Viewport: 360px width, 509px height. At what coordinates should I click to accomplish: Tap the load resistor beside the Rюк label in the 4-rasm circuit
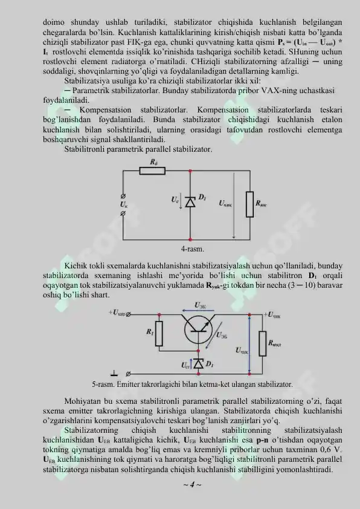tap(249, 204)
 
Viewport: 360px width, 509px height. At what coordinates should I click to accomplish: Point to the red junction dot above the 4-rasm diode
tap(190, 171)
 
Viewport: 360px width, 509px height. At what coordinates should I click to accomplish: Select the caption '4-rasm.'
tap(192, 248)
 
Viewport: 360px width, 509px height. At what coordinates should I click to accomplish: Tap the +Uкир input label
tap(118, 314)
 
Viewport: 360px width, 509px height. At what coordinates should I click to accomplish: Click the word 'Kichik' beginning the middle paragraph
tap(76, 266)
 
